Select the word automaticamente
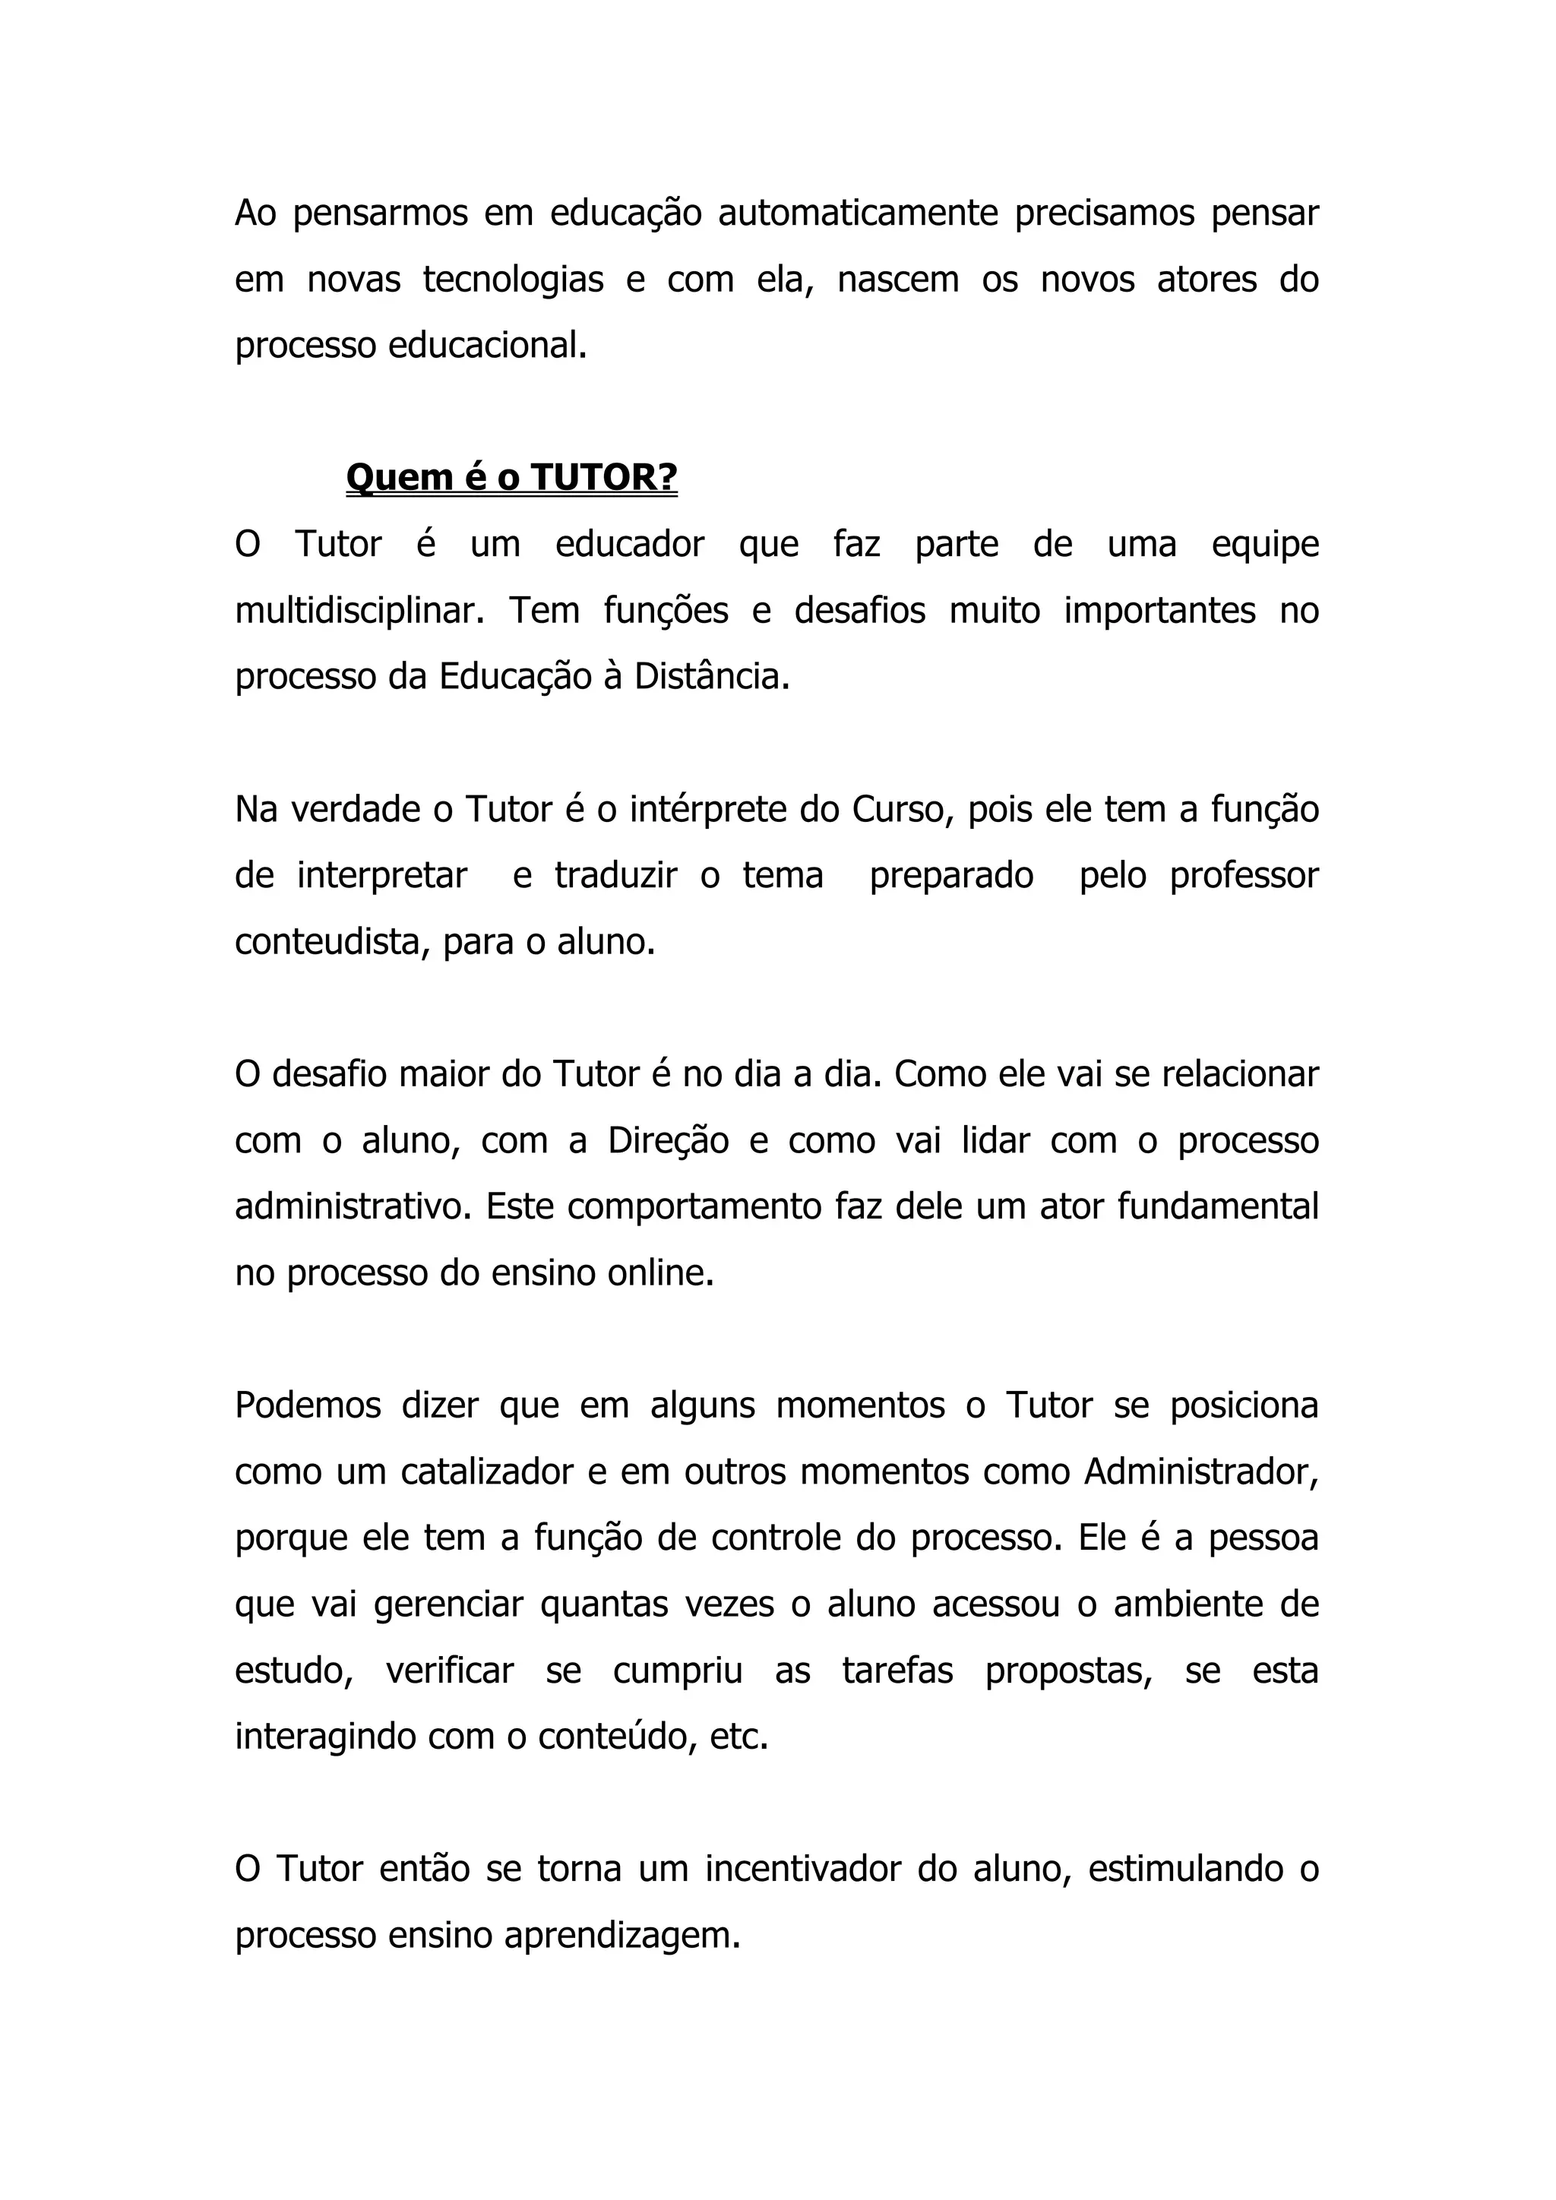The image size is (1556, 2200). pyautogui.click(x=858, y=213)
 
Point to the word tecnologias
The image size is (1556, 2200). pyautogui.click(x=513, y=279)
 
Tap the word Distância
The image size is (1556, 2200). pyautogui.click(x=712, y=676)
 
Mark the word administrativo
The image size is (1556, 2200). pyautogui.click(x=353, y=1206)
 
